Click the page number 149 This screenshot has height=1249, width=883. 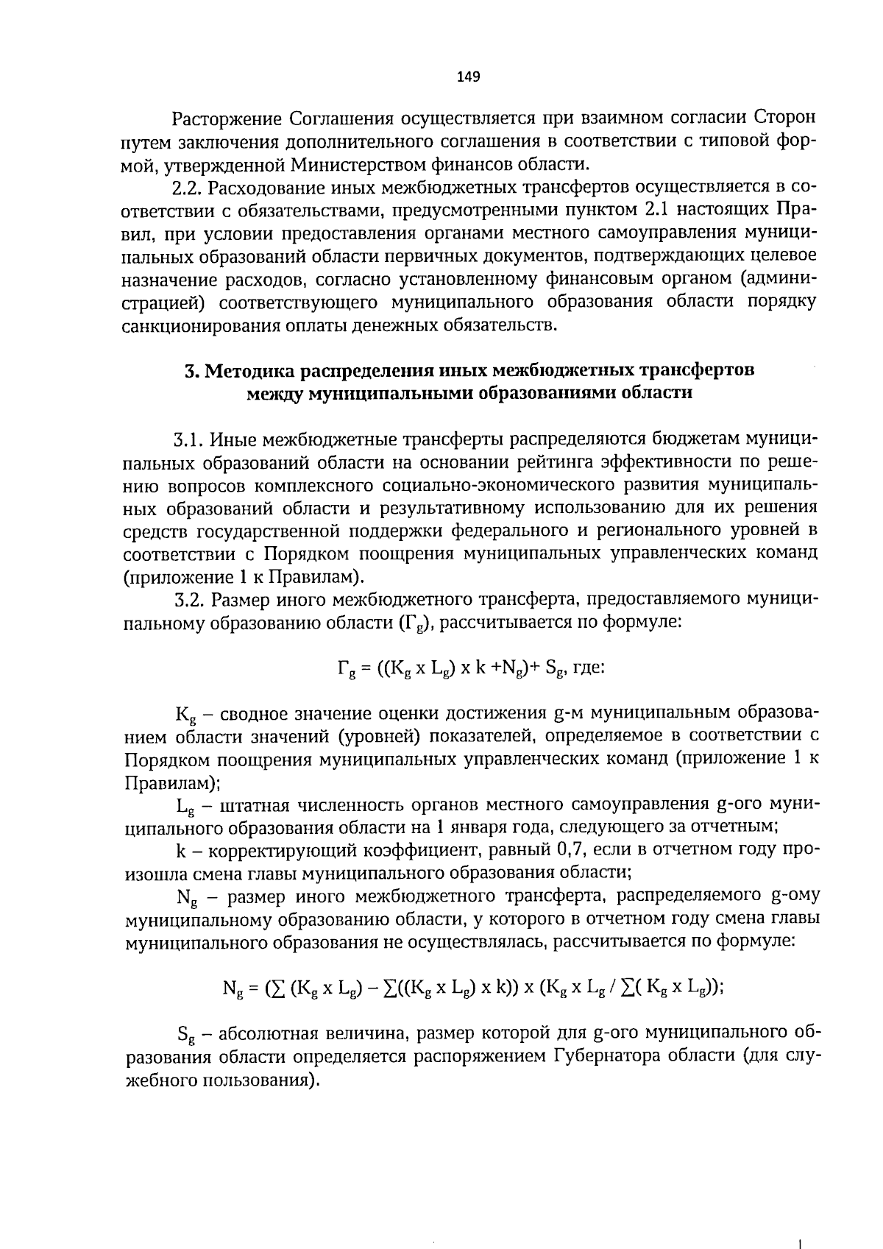[468, 77]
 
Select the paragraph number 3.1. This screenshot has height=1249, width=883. [188, 440]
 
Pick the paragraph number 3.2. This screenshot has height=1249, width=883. [188, 600]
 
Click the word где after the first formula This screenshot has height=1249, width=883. [589, 668]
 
